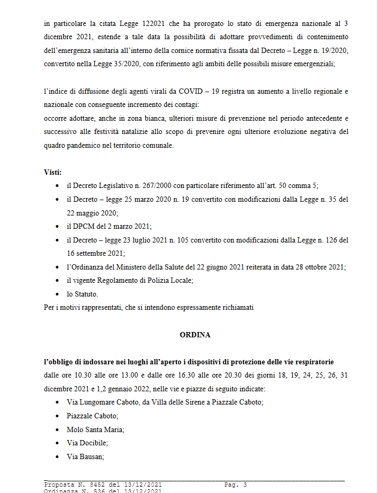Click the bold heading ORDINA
pos(195,335)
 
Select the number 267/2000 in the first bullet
pos(154,186)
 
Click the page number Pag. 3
pos(236,485)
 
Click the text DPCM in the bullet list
pos(83,226)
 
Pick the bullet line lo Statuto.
pos(82,293)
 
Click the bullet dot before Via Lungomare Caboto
pos(57,402)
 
